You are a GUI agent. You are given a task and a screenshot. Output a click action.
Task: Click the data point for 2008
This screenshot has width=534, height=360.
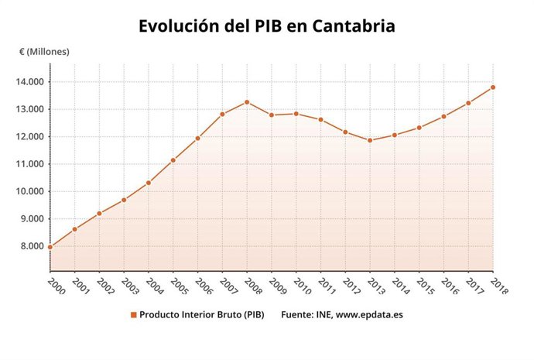(247, 102)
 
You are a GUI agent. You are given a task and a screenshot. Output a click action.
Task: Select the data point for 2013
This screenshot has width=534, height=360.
(370, 140)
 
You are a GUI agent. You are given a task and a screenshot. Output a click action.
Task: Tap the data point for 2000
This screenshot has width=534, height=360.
(50, 247)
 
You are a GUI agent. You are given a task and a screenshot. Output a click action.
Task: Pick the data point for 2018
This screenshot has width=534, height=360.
(493, 87)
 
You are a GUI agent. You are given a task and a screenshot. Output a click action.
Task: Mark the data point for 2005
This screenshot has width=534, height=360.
(173, 160)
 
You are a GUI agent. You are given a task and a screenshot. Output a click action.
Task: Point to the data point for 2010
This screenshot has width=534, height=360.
(296, 114)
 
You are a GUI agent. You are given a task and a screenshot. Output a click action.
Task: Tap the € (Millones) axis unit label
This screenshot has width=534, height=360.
(45, 52)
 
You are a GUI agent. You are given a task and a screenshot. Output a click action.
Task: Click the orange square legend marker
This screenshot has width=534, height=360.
(134, 314)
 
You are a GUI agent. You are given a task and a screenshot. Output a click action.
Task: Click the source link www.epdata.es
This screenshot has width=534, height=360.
(366, 314)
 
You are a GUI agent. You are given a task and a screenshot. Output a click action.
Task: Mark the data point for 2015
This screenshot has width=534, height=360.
(419, 128)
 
